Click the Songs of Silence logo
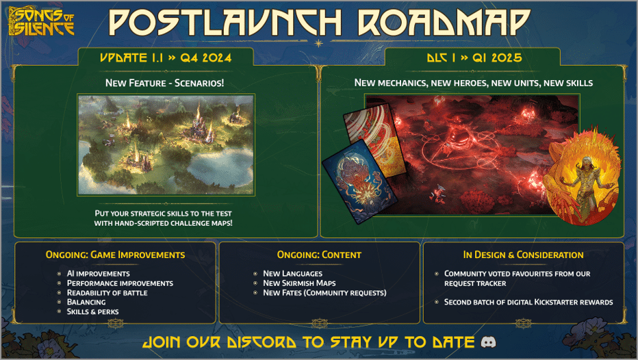click(41, 21)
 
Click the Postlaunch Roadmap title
click(319, 23)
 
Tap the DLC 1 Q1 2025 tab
click(472, 57)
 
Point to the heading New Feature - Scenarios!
click(165, 83)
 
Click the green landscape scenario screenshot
click(166, 144)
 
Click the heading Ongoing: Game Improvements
click(115, 255)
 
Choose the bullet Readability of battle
click(107, 293)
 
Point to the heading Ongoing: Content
click(319, 255)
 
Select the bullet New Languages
click(292, 274)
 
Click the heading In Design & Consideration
click(523, 255)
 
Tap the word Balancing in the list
click(86, 302)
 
